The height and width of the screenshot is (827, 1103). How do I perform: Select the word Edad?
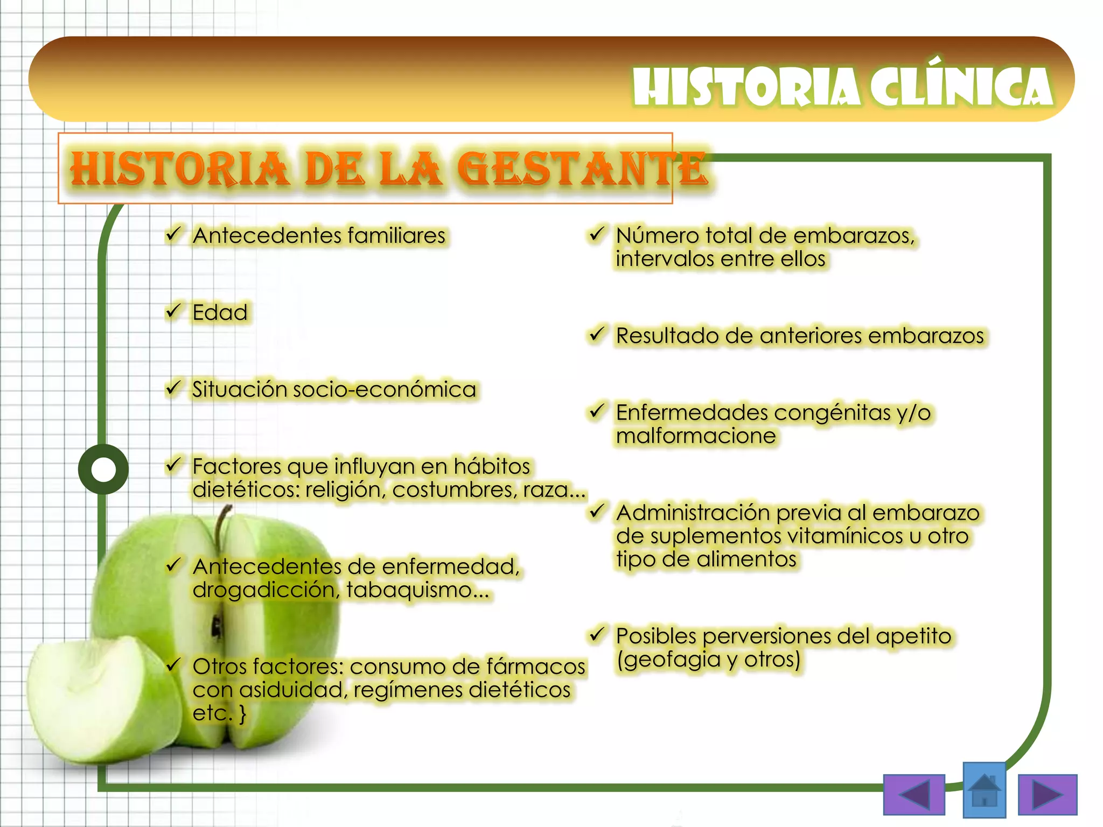[x=220, y=313]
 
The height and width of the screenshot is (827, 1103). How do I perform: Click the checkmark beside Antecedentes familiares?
[x=173, y=234]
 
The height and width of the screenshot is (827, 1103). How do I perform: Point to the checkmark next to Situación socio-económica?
[x=173, y=388]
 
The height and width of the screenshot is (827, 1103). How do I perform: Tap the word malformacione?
[x=696, y=436]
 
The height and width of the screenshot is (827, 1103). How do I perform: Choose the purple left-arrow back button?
[x=914, y=795]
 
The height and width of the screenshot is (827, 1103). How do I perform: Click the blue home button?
[x=984, y=790]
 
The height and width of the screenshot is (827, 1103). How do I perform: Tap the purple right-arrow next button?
[x=1048, y=795]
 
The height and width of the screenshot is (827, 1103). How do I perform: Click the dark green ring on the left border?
[x=103, y=469]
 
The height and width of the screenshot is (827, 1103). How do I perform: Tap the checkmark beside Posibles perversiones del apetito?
[x=596, y=634]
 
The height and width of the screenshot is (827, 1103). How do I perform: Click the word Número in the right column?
[x=657, y=236]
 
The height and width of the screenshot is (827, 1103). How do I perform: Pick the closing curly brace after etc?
[x=243, y=714]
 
